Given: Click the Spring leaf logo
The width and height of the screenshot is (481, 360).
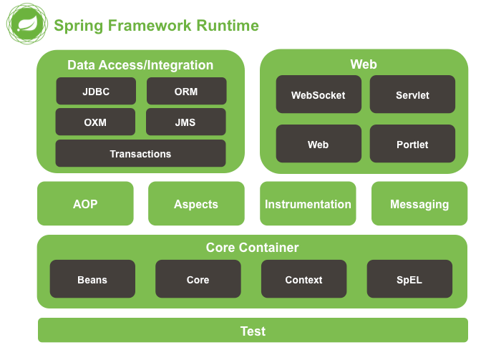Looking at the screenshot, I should tap(26, 26).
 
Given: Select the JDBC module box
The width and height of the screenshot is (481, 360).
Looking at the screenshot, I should tap(96, 92).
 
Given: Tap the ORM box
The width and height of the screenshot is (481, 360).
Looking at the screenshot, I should tap(186, 92).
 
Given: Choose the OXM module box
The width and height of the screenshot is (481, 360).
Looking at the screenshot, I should tap(95, 122).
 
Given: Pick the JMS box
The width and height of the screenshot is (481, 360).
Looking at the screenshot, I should tap(185, 122).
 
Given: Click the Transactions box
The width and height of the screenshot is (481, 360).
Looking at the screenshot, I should tap(140, 154).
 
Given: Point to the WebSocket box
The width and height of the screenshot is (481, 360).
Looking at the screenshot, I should tap(318, 95).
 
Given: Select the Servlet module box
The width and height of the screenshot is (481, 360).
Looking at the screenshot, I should tap(412, 95).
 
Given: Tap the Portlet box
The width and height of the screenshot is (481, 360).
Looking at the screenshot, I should tap(412, 145).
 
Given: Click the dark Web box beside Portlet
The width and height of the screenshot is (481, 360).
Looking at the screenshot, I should tap(318, 145).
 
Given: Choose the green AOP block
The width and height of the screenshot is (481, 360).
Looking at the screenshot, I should tap(85, 204).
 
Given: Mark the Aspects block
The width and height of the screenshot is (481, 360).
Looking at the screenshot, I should tap(196, 204).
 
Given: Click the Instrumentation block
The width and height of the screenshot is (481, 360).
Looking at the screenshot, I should tap(308, 204).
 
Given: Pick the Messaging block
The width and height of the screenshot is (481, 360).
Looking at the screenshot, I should tap(419, 204).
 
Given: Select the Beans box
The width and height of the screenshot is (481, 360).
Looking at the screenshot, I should tap(92, 280).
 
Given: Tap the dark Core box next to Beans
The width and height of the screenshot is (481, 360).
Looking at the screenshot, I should tap(198, 280).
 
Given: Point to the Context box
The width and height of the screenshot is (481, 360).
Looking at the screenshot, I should tap(303, 280).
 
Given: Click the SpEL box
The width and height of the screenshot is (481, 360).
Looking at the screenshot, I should tap(409, 280).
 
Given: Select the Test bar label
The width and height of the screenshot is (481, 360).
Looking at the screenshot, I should tap(253, 331).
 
